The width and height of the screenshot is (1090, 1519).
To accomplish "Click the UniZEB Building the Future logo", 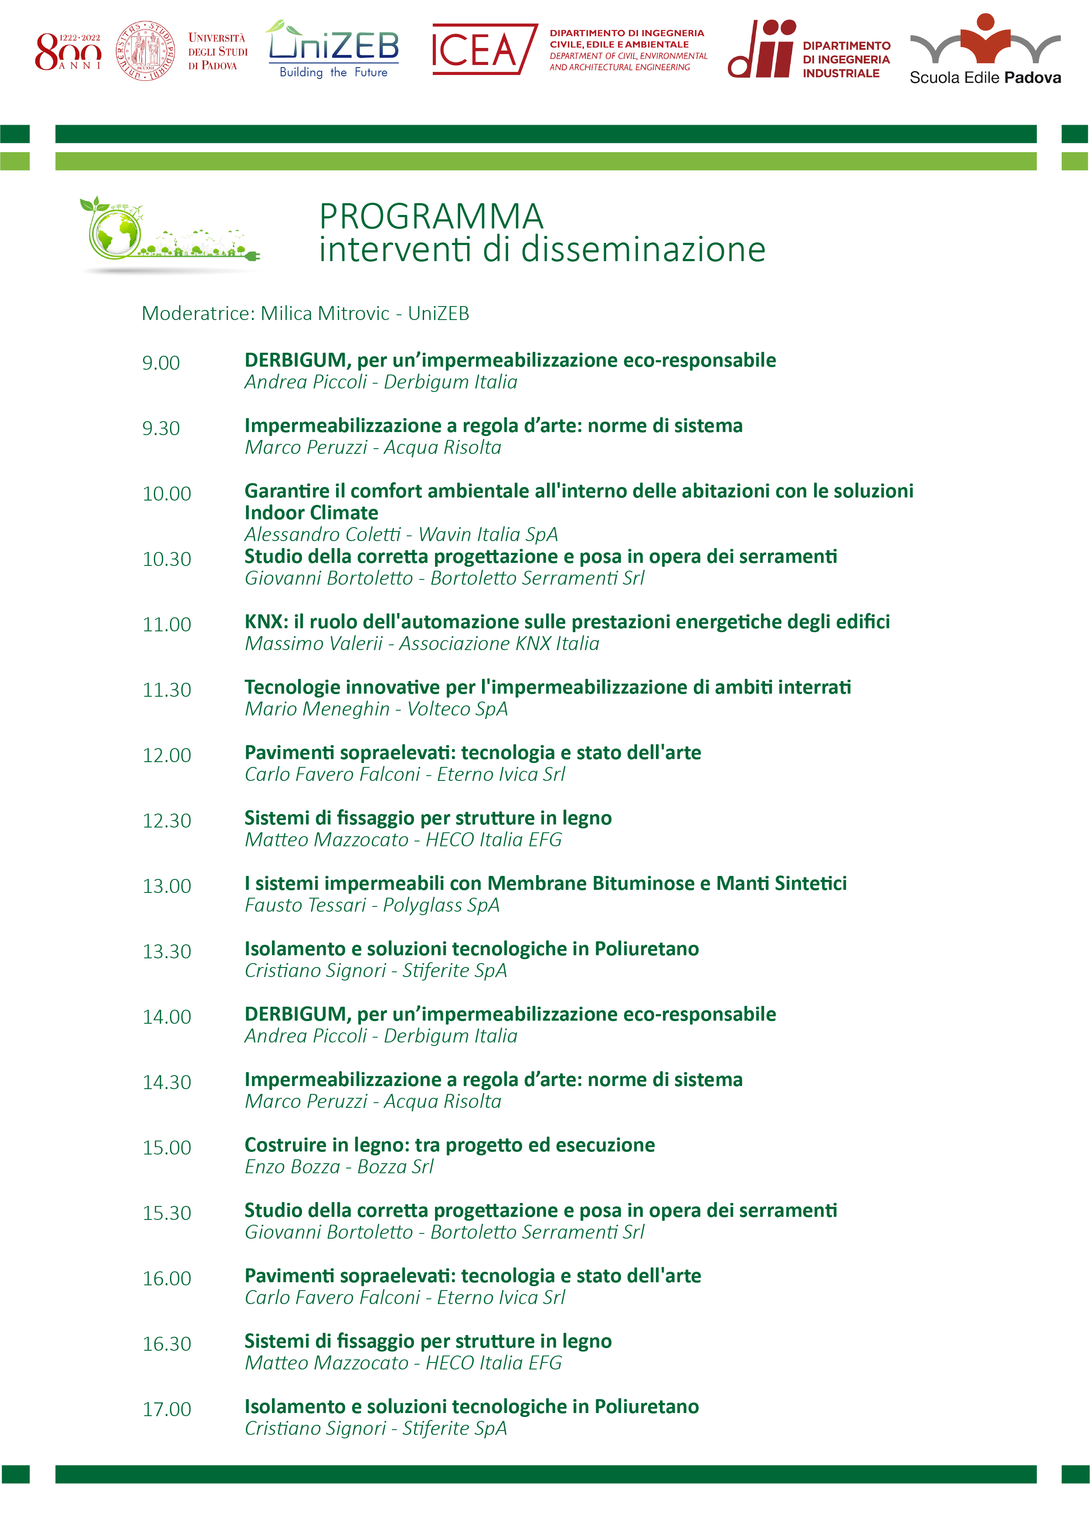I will click(333, 50).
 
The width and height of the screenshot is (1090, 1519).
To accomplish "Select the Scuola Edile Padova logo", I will click(984, 50).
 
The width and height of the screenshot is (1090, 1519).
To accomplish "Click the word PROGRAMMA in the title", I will click(431, 216).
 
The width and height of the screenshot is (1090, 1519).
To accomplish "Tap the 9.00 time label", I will click(161, 363).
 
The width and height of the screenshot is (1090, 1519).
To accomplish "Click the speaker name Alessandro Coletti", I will click(322, 535).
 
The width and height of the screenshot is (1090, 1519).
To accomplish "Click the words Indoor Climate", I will click(311, 513).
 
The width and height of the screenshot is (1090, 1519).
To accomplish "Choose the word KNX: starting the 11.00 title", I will click(266, 622).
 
